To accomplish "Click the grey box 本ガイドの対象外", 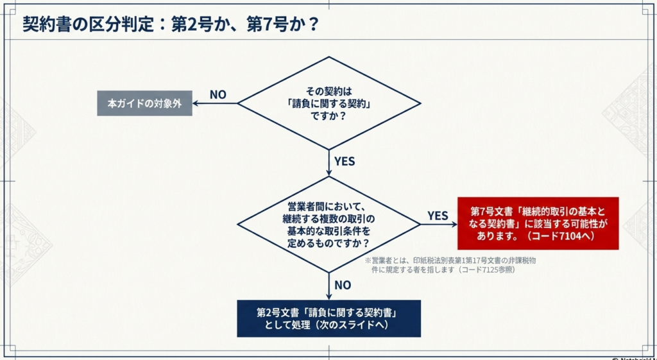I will point(144,103).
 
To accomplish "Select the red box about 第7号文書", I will point(538,223).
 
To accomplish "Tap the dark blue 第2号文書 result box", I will point(328,318).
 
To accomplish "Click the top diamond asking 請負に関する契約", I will point(328,103).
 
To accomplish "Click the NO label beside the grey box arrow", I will point(218,95).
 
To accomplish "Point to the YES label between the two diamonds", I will point(345,161).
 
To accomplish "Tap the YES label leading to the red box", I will point(438,216).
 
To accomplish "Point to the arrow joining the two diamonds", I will point(329,164).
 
